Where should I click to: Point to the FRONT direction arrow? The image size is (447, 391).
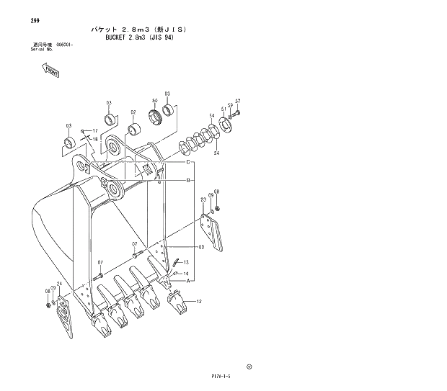[x=51, y=71]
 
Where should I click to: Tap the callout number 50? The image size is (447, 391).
[x=155, y=101]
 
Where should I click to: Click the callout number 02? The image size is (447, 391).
[x=133, y=112]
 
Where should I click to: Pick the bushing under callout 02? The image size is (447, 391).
[x=134, y=130]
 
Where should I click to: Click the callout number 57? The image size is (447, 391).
[x=237, y=101]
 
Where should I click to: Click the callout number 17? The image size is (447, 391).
[x=94, y=130]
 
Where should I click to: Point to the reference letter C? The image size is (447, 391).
[x=188, y=162]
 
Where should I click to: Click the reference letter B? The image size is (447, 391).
[x=188, y=180]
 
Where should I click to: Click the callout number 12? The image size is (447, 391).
[x=198, y=301]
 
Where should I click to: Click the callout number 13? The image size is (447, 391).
[x=185, y=262]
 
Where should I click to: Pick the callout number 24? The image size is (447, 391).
[x=59, y=284]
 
